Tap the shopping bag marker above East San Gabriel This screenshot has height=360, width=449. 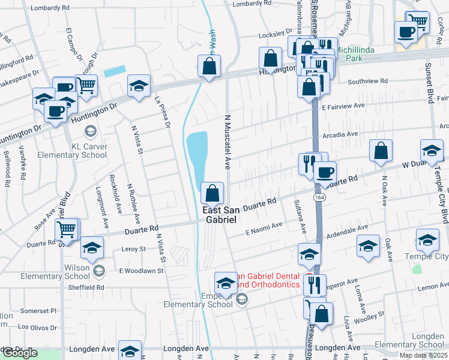pyautogui.click(x=212, y=194)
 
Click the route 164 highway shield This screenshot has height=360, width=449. pyautogui.click(x=315, y=196)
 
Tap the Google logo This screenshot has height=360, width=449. pyautogui.click(x=20, y=353)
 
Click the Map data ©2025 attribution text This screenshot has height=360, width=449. pyautogui.click(x=423, y=355)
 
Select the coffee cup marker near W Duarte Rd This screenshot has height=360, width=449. pyautogui.click(x=325, y=173)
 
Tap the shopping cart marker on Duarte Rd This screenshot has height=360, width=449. pyautogui.click(x=67, y=229)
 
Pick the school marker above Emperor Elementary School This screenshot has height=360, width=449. pyautogui.click(x=226, y=283)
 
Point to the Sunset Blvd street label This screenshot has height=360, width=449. pyautogui.click(x=430, y=83)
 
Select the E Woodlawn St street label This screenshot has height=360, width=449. pyautogui.click(x=141, y=271)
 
